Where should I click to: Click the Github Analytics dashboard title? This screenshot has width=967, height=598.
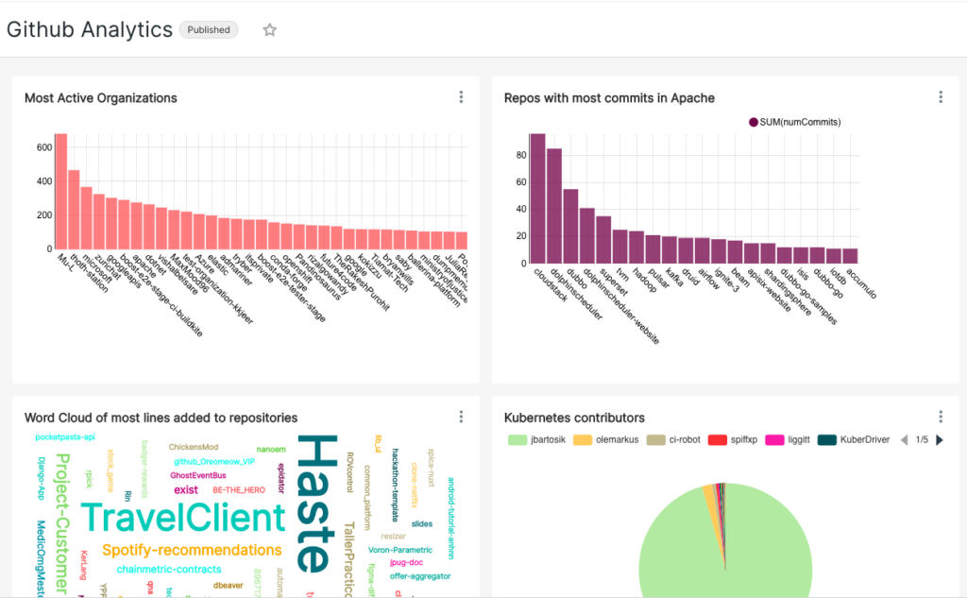90,29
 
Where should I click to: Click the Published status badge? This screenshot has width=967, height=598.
209,30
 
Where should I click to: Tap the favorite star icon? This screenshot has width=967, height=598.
269,30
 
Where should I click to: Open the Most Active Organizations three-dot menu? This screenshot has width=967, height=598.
461,97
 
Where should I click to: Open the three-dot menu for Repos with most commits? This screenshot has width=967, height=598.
941,97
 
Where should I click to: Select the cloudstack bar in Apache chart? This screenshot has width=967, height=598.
537,198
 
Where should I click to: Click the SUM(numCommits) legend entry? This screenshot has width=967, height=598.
794,122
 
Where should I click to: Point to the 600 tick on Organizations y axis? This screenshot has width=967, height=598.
43,147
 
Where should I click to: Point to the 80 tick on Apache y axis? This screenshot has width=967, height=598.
520,155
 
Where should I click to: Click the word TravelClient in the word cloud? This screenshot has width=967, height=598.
182,518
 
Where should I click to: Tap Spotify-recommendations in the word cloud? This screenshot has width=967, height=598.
192,550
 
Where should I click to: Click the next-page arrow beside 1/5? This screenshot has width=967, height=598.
940,440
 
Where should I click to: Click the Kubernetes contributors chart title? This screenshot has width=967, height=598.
574,418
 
